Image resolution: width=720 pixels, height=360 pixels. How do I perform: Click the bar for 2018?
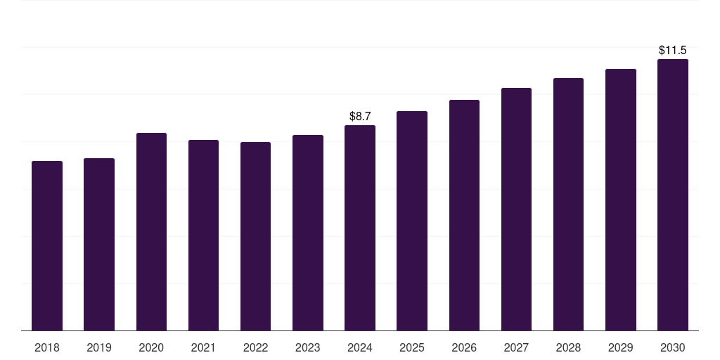47,245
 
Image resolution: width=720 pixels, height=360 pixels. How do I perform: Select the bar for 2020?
151,231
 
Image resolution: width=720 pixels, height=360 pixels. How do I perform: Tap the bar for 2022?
255,236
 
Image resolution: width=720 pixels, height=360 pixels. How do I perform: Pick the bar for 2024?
360,228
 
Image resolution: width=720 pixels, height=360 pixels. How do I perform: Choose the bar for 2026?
464,215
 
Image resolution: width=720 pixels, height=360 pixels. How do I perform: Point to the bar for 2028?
568,204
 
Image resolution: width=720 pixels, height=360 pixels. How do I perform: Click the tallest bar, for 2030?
672,195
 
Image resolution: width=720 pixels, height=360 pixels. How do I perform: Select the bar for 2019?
99,244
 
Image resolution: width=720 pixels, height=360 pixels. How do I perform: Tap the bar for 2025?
412,221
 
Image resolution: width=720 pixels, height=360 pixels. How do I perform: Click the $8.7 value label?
360,116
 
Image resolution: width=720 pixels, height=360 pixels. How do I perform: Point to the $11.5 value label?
672,50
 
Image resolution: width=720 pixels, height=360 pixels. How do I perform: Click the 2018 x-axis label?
47,347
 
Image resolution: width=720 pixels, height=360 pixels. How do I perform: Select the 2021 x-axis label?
203,347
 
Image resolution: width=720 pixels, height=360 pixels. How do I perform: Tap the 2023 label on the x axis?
307,347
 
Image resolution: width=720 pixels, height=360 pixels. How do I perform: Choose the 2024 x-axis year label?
360,347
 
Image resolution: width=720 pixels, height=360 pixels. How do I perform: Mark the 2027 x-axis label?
516,347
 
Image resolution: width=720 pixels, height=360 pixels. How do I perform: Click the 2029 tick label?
620,347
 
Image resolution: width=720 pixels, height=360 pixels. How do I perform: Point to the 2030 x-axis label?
672,347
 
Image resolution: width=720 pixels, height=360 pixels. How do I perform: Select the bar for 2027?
516,209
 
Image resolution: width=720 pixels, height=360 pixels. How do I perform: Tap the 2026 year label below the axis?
464,347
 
